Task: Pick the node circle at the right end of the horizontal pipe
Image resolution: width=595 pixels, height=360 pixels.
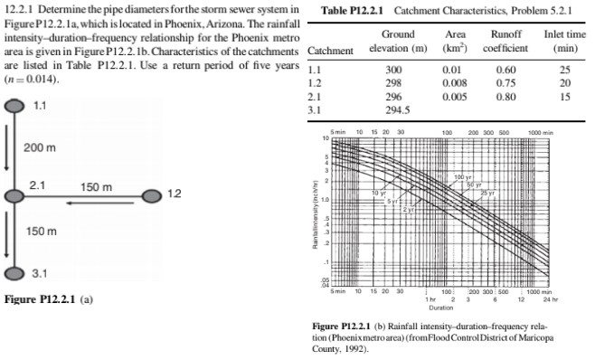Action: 150,194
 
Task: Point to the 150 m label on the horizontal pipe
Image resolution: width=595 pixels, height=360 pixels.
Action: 95,186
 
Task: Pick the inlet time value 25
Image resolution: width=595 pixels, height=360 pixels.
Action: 564,69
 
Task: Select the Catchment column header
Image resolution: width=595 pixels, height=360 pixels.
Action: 329,50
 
